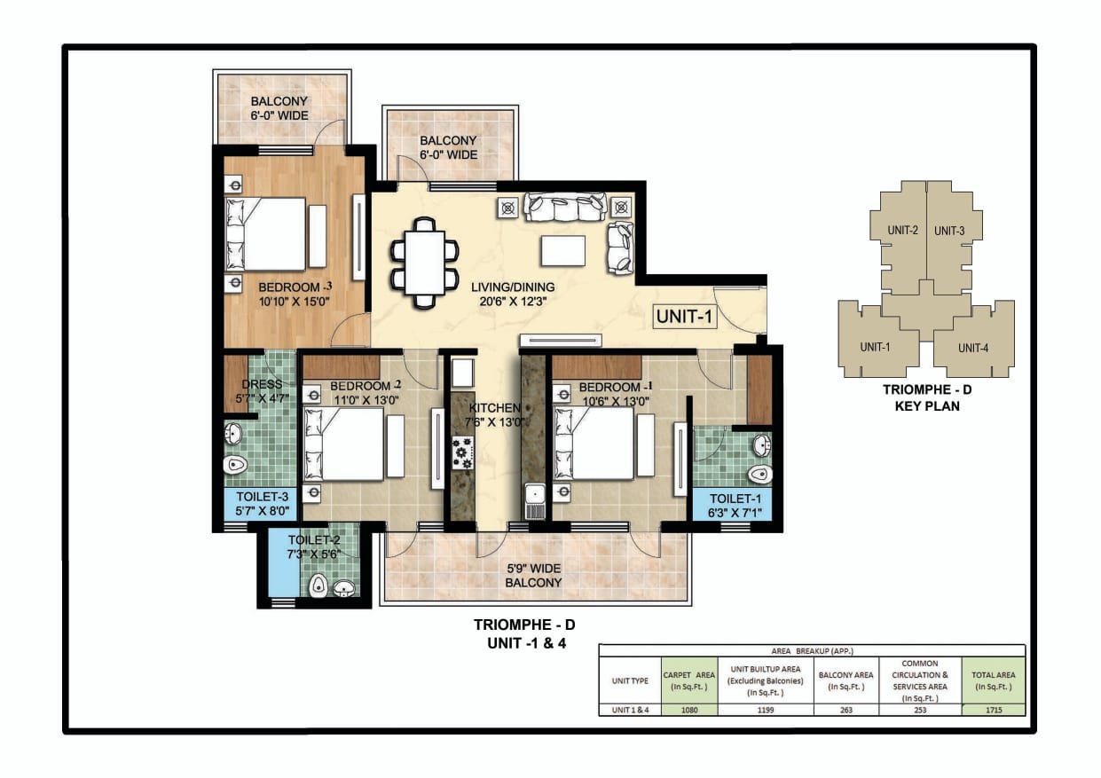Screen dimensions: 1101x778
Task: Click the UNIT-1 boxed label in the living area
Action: click(684, 317)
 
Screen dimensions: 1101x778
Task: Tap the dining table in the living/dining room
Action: click(425, 263)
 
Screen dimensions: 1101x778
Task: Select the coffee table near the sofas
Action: click(562, 251)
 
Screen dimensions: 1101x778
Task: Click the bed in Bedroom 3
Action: click(266, 234)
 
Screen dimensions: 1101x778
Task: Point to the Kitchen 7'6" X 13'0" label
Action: click(495, 414)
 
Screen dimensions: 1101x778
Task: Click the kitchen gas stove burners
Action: click(463, 452)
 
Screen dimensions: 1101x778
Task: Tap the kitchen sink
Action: click(534, 501)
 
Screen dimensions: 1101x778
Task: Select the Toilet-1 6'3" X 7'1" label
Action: click(735, 506)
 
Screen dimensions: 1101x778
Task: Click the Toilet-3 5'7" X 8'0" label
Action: click(262, 503)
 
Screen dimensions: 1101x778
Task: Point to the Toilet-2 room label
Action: click(313, 546)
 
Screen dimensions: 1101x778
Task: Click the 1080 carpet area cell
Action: click(689, 710)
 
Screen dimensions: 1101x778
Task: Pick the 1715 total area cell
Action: click(994, 710)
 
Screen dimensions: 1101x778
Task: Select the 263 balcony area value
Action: click(845, 710)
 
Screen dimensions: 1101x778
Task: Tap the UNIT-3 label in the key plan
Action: click(949, 231)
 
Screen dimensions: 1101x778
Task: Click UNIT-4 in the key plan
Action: click(972, 348)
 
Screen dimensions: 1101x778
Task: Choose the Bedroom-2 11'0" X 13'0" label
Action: click(366, 393)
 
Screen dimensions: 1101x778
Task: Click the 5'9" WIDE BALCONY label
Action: click(533, 576)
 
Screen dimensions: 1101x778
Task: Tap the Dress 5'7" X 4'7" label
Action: click(262, 391)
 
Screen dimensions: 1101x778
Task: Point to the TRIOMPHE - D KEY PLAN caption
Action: click(927, 397)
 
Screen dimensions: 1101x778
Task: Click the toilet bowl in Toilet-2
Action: click(319, 585)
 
